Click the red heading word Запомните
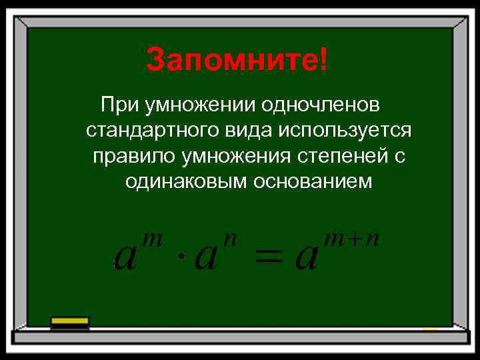231,61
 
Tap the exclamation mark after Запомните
323,61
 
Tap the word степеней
347,155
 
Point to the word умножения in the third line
231,155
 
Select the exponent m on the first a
153,238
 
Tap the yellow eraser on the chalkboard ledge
70,321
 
